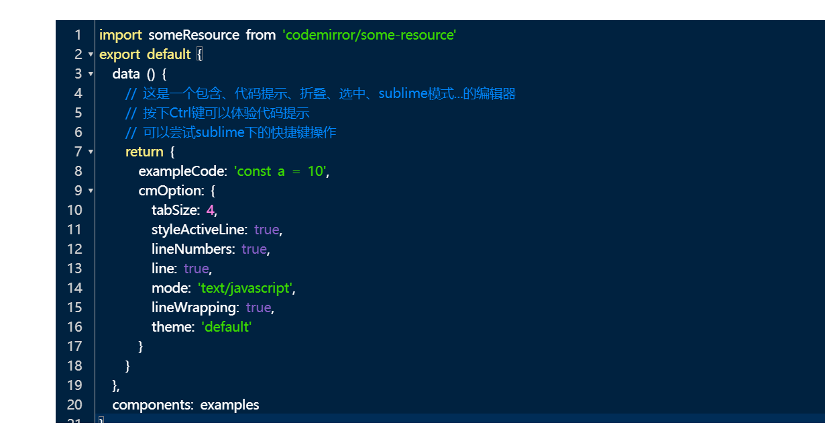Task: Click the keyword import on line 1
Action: pyautogui.click(x=120, y=35)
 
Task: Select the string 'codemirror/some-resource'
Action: pyautogui.click(x=370, y=35)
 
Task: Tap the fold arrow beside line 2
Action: pyautogui.click(x=91, y=54)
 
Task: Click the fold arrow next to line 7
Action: pyautogui.click(x=91, y=152)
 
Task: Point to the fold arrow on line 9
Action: pyautogui.click(x=91, y=191)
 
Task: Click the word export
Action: pyautogui.click(x=119, y=54)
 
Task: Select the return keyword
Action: pyautogui.click(x=144, y=152)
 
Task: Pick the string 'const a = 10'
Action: pyautogui.click(x=280, y=171)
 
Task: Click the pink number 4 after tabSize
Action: pyautogui.click(x=210, y=210)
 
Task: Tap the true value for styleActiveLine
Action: pyautogui.click(x=266, y=230)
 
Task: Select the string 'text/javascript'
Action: pyautogui.click(x=245, y=288)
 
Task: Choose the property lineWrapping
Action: pyautogui.click(x=195, y=307)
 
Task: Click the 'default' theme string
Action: pyautogui.click(x=226, y=327)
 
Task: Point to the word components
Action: pyautogui.click(x=153, y=405)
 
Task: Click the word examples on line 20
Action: pyautogui.click(x=229, y=405)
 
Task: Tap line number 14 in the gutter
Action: pyautogui.click(x=74, y=288)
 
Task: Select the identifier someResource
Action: pyautogui.click(x=193, y=35)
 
